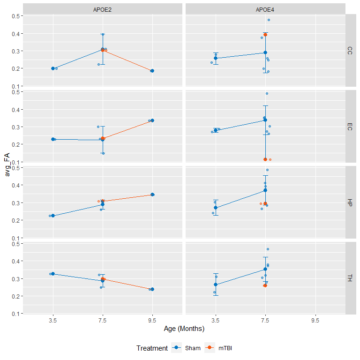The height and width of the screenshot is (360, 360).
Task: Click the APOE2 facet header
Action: pos(102,10)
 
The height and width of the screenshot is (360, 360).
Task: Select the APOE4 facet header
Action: pos(265,10)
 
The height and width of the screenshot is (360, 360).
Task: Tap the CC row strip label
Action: pos(350,51)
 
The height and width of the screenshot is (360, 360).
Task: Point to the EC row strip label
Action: pos(350,127)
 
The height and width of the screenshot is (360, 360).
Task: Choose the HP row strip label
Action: pos(350,202)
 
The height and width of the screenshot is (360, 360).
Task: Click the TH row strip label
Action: pos(350,278)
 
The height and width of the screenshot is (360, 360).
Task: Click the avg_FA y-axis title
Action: pos(7,165)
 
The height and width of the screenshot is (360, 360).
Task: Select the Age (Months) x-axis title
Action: pos(184,329)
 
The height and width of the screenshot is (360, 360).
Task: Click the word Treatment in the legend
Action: pos(152,348)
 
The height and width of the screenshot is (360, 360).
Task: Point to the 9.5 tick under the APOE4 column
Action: pos(315,321)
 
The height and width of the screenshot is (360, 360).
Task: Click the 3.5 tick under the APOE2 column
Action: pos(53,321)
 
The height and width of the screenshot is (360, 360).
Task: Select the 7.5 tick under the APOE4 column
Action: pos(265,321)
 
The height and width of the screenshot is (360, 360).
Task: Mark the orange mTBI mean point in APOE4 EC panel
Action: pos(265,159)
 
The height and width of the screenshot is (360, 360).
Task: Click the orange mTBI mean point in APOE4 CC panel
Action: pos(265,35)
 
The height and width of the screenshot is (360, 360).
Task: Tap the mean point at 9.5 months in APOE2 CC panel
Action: pos(152,71)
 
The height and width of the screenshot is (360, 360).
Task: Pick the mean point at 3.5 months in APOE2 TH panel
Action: pos(53,274)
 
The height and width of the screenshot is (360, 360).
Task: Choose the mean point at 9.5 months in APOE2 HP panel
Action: pos(152,195)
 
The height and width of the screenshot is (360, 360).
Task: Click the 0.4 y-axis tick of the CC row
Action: pos(15,34)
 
